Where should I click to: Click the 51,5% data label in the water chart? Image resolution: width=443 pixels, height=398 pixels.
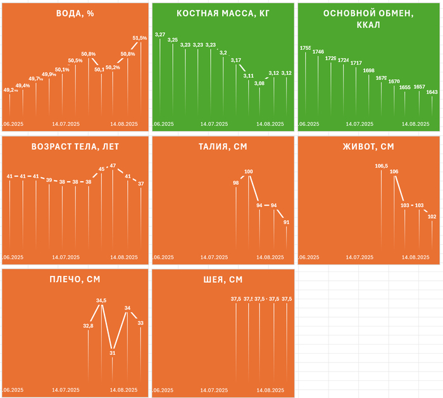140,38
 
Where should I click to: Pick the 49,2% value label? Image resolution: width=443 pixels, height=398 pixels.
11,90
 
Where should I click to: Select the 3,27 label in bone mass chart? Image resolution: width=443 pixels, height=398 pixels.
159,34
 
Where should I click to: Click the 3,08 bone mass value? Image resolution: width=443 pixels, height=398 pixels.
259,83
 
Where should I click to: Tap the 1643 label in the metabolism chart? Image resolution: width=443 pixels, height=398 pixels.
432,92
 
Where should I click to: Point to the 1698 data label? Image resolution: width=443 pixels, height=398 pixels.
369,70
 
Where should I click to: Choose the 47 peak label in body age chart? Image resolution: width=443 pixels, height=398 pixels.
113,165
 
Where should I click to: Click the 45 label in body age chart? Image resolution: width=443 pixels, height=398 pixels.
101,169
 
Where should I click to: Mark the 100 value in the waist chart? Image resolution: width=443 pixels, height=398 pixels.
248,171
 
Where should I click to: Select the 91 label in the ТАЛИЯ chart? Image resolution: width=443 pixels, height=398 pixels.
287,222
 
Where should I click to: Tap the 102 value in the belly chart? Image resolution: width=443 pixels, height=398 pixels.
432,216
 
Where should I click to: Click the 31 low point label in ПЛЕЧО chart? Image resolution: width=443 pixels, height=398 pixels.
113,353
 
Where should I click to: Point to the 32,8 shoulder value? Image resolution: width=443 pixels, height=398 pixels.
89,325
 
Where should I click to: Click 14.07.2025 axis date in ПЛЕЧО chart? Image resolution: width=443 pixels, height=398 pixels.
66,390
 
